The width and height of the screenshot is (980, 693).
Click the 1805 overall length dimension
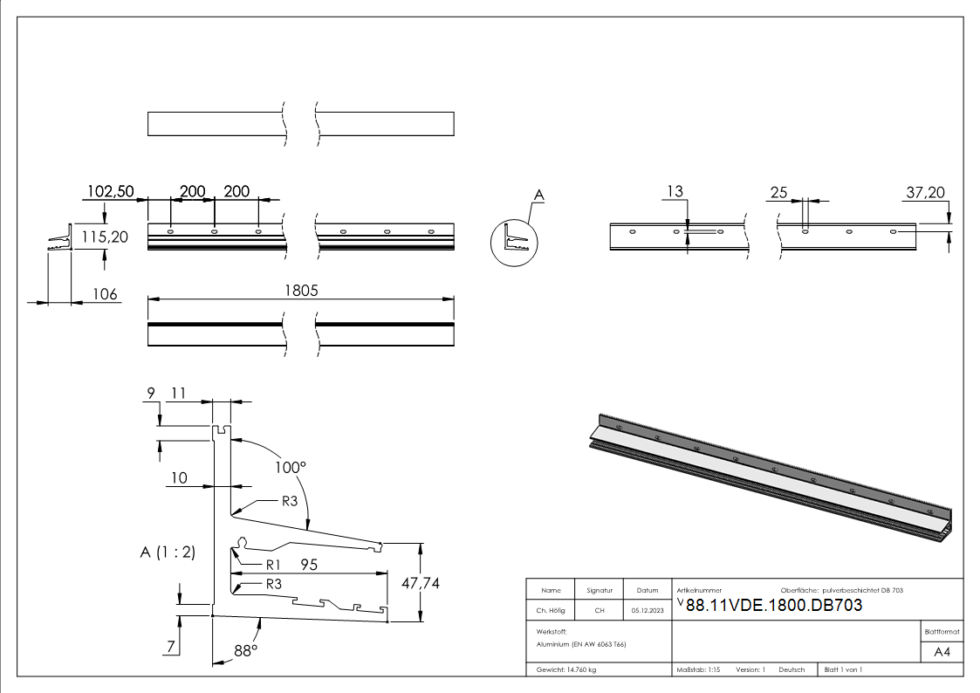[x=301, y=290]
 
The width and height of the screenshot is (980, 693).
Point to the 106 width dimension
[x=105, y=294]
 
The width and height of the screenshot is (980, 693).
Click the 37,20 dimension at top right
[x=926, y=193]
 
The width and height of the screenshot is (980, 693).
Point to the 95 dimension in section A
[x=309, y=565]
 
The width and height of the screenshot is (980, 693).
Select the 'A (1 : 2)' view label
[x=168, y=552]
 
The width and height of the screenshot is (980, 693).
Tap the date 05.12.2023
[x=647, y=610]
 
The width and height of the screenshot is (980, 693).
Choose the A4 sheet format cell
[x=942, y=651]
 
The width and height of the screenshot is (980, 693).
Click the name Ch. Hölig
[x=551, y=610]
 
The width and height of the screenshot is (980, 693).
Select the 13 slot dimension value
[x=675, y=192]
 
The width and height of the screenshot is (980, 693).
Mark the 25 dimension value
[x=779, y=192]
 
